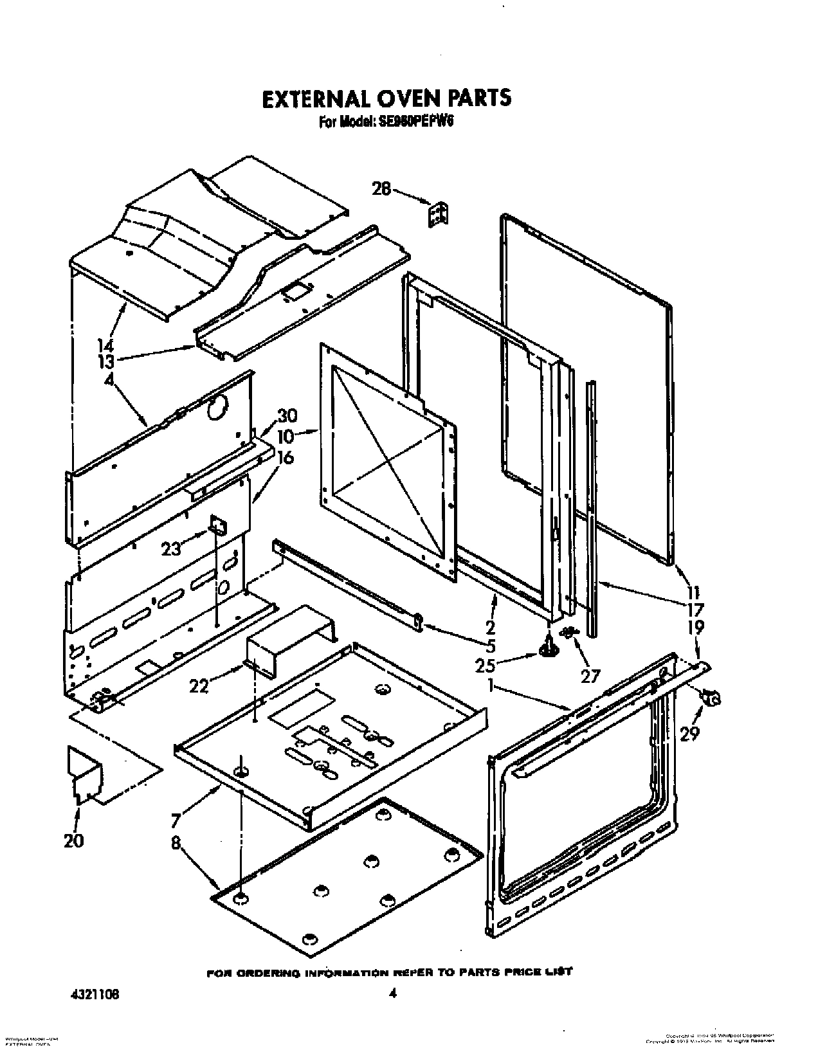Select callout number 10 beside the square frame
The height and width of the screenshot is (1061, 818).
(x=286, y=436)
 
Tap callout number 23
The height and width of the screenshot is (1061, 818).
(x=171, y=549)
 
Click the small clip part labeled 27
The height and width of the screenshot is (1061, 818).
(x=568, y=633)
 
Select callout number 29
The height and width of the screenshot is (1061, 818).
(x=690, y=732)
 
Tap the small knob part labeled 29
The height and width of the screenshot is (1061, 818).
(x=711, y=696)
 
